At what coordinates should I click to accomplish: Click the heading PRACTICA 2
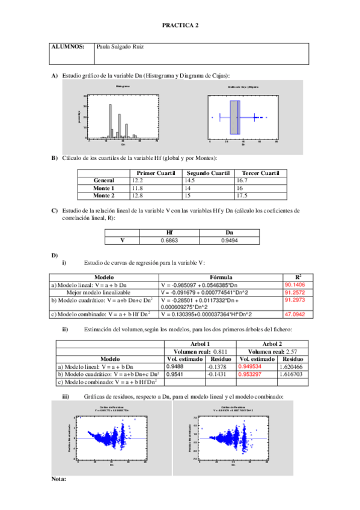point(180,26)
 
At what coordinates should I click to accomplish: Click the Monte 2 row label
point(104,195)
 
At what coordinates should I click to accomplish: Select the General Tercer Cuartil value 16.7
point(243,180)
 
